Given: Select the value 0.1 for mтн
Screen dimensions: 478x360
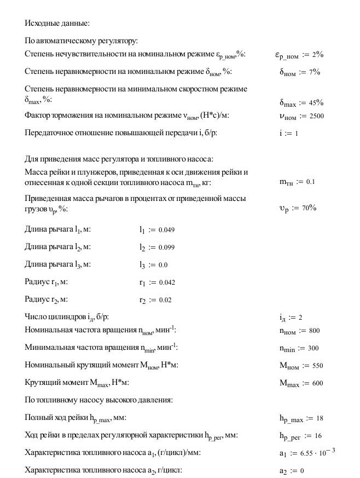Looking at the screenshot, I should pos(311,181).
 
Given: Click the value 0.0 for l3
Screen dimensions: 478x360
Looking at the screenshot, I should pos(163,265).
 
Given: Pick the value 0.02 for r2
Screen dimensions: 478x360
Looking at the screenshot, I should pos(164,301).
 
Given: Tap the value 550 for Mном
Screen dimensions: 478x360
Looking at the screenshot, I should pos(316,366).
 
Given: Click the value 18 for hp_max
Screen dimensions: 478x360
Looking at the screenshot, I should pos(320,419).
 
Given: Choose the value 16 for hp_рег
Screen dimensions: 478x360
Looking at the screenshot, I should pos(318,436).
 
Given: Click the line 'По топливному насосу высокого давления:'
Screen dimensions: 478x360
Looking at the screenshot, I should pos(99,400).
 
